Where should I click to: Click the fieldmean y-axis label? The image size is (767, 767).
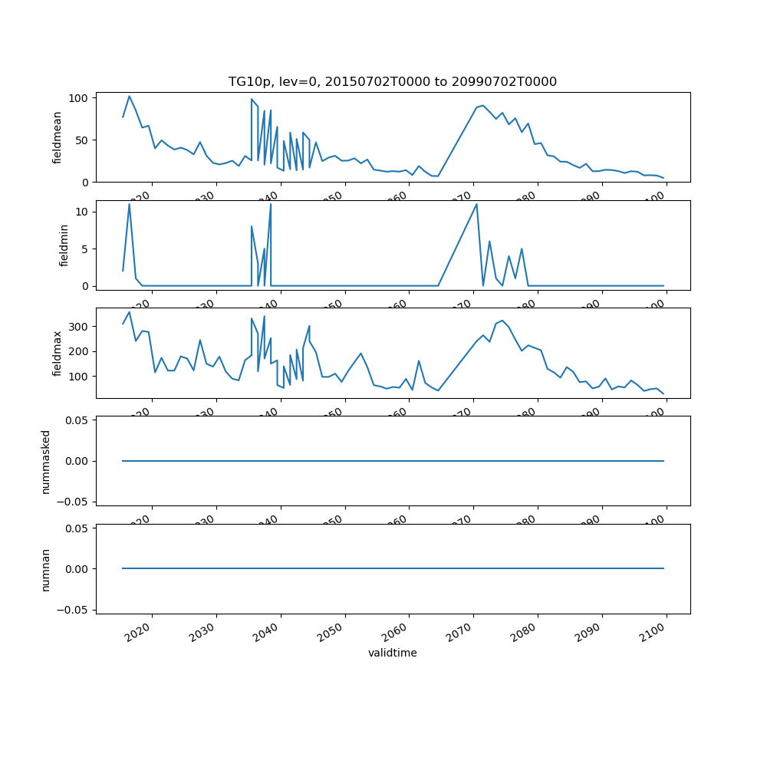click(58, 137)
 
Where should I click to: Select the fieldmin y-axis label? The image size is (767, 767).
click(64, 245)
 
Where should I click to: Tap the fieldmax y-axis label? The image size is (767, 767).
click(58, 353)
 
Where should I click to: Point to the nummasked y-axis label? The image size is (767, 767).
click(46, 461)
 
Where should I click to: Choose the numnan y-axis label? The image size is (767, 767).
click(46, 569)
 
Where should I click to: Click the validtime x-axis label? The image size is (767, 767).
click(392, 653)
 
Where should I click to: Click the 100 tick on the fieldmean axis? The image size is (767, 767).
click(80, 98)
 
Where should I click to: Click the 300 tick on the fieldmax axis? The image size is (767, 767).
click(80, 327)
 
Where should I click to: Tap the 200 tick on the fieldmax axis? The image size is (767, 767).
click(80, 351)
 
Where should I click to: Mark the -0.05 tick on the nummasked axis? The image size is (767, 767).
click(75, 502)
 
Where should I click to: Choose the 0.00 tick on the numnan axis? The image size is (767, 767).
click(77, 569)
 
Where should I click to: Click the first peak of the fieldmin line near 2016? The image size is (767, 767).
click(129, 204)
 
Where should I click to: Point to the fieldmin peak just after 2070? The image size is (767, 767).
click(476, 204)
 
